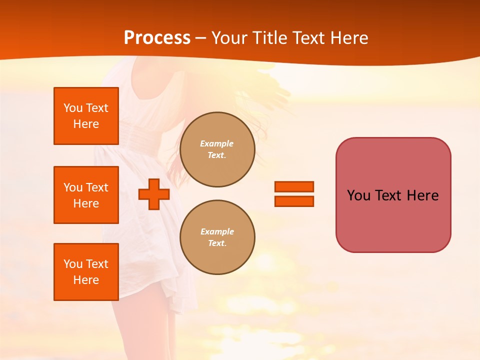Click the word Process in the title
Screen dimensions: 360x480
157,38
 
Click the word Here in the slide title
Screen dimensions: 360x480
348,38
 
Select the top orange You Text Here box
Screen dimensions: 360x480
86,116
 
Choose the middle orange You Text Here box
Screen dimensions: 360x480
86,195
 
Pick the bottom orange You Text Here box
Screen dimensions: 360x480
86,272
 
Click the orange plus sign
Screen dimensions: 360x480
153,194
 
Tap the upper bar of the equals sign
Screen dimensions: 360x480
294,186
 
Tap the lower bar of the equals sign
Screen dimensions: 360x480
294,201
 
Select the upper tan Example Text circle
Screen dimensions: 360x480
217,149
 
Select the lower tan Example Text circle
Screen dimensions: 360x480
217,237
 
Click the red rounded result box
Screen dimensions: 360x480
393,195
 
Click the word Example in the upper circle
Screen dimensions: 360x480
216,143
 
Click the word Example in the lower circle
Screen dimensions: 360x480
217,231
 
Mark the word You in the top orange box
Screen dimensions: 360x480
73,108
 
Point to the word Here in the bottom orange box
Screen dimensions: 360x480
86,280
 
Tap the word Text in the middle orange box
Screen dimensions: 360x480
97,187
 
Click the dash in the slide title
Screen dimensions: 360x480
201,38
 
